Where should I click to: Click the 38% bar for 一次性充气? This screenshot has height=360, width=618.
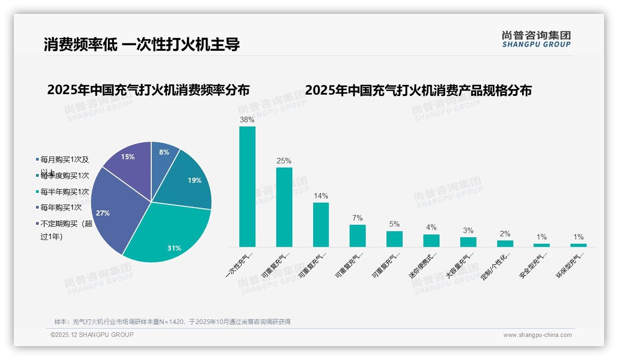(247, 187)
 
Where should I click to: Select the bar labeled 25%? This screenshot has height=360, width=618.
(284, 207)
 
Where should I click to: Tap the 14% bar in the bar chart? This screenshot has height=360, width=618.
(321, 225)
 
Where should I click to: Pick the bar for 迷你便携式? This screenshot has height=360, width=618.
(431, 240)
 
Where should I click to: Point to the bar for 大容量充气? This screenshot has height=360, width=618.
(468, 242)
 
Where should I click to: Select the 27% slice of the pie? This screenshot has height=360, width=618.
(111, 208)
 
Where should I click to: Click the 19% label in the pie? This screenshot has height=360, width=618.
(195, 180)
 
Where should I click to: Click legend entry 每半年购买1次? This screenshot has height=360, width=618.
(65, 192)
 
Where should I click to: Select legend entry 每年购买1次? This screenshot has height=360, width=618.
(61, 207)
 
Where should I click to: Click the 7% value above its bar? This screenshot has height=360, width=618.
(357, 218)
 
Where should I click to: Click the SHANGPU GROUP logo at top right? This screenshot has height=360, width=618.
(536, 39)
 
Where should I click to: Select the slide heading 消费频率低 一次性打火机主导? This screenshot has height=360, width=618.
(142, 45)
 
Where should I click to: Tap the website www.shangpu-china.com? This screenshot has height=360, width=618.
(537, 335)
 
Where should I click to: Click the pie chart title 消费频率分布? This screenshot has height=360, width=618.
(148, 90)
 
